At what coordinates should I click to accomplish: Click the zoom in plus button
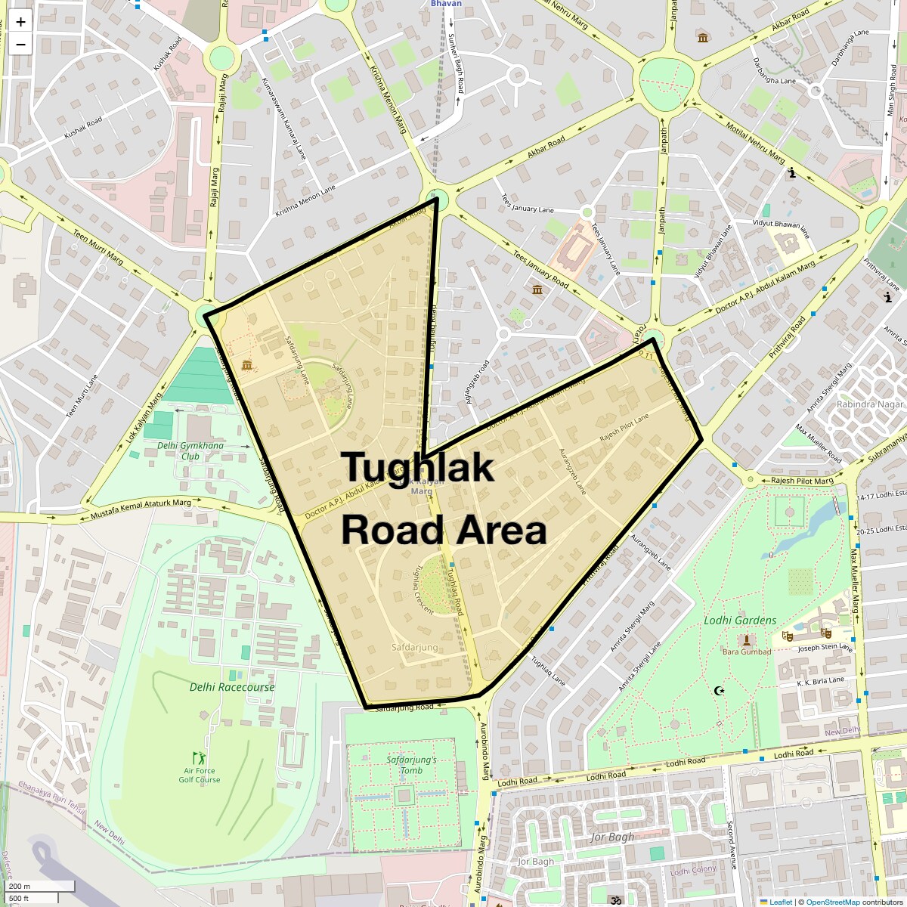pos(20,22)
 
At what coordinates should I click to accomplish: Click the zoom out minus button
pos(20,45)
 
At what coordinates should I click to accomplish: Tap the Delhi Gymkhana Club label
pos(190,450)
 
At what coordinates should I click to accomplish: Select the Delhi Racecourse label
pos(232,687)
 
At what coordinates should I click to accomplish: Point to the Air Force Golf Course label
pos(200,775)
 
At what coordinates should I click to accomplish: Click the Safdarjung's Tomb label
pos(411,765)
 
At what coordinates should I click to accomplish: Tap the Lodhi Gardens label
pos(740,621)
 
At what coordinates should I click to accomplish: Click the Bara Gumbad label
pos(747,652)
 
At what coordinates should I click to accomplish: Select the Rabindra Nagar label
pos(870,404)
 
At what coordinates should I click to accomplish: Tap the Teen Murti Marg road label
pos(98,246)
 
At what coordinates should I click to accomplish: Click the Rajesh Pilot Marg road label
pos(802,481)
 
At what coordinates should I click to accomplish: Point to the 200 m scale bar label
pos(20,886)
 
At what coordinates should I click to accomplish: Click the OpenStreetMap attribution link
pos(832,902)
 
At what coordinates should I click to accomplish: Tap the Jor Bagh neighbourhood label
pos(612,837)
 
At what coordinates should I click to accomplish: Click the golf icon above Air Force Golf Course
pos(199,757)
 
